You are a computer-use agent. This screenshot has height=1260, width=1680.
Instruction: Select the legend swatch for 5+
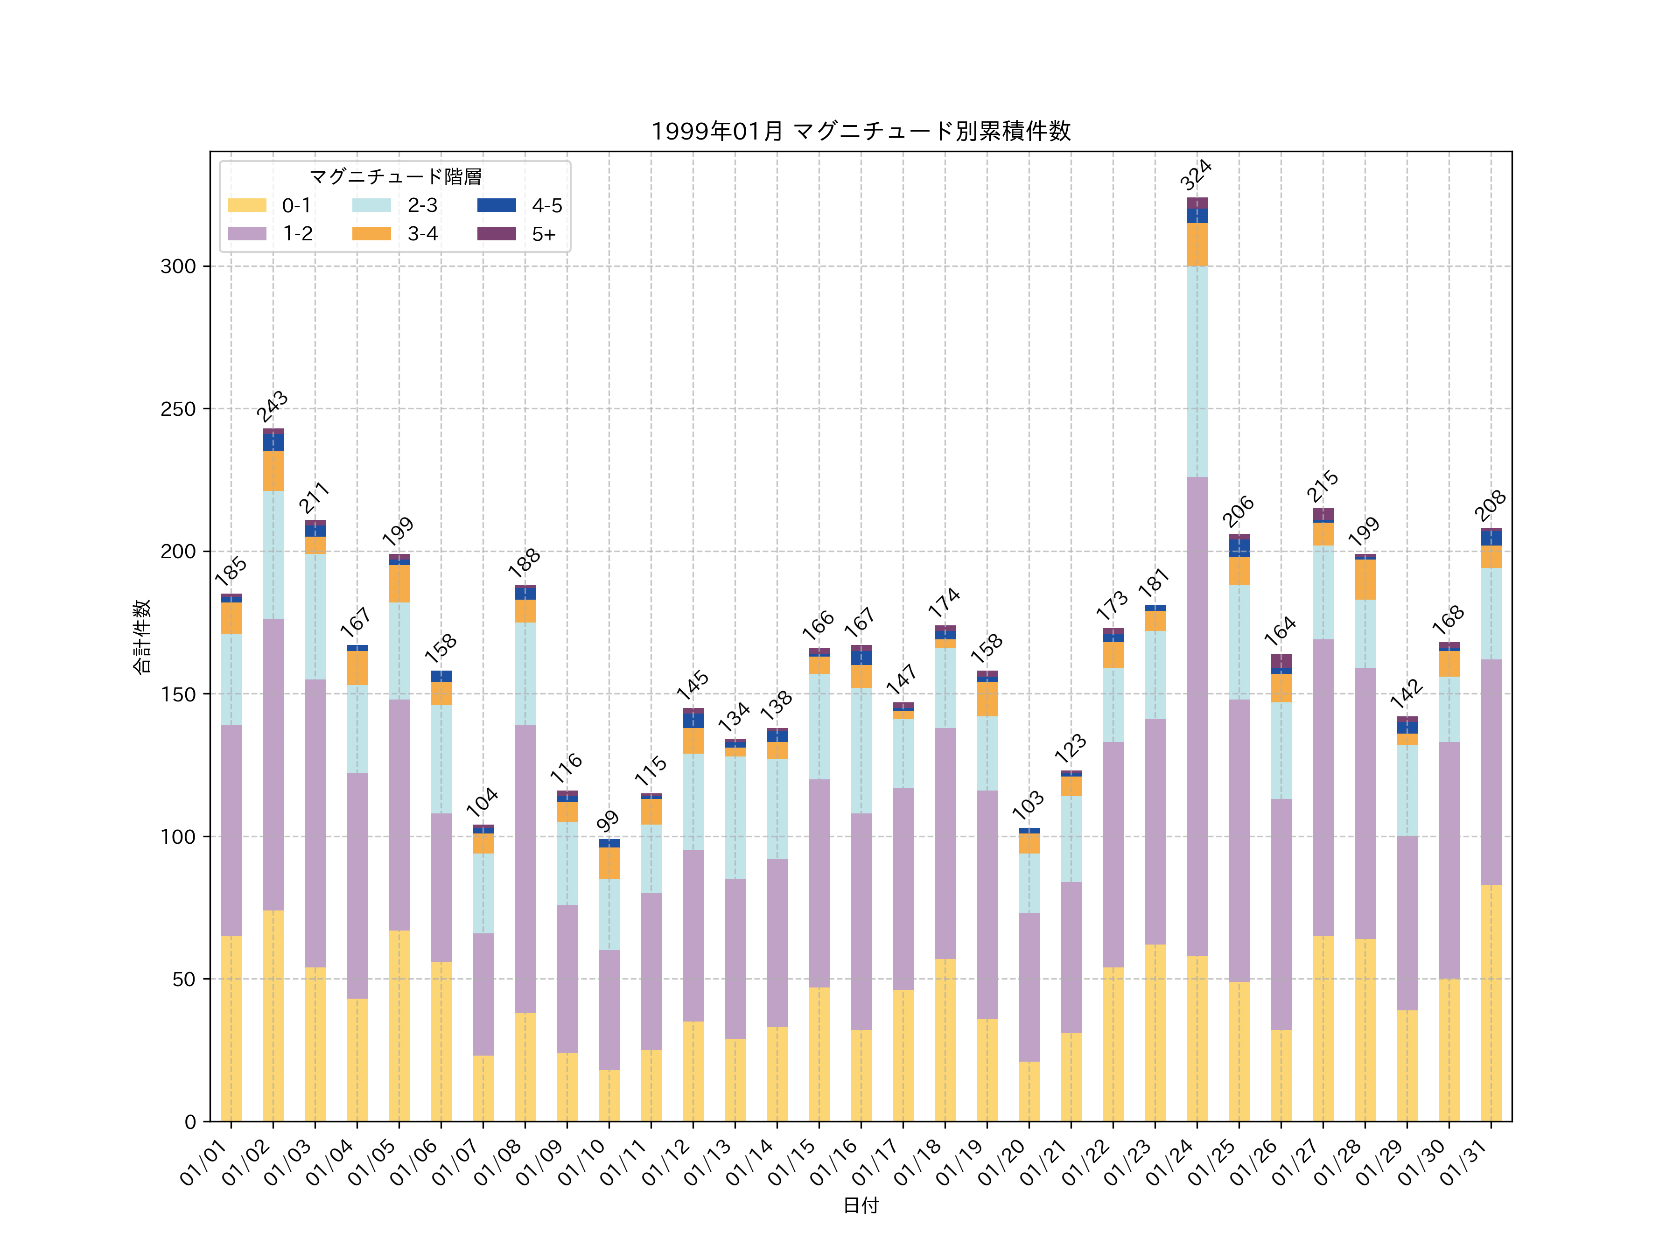coord(496,233)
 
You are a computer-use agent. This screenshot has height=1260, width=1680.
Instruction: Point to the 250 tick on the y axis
coord(178,409)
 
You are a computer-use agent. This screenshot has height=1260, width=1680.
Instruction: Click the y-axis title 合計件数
coord(142,637)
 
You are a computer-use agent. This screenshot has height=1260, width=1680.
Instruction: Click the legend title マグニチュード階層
coord(395,177)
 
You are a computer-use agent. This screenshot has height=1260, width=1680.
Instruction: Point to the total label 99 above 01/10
coord(608,821)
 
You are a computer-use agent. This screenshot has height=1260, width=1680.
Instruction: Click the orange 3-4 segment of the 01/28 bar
coord(1365,580)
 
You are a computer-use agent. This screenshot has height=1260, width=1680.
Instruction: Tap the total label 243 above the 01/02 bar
coord(272,406)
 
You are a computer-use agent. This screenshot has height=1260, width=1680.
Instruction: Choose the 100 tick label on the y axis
coord(178,837)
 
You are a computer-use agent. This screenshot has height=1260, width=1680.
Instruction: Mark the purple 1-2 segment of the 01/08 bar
coord(525,869)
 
